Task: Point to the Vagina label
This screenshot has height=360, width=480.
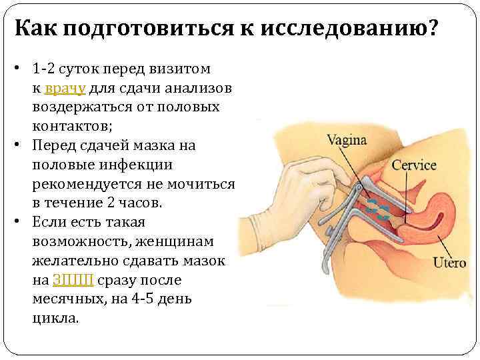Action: (x=347, y=141)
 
